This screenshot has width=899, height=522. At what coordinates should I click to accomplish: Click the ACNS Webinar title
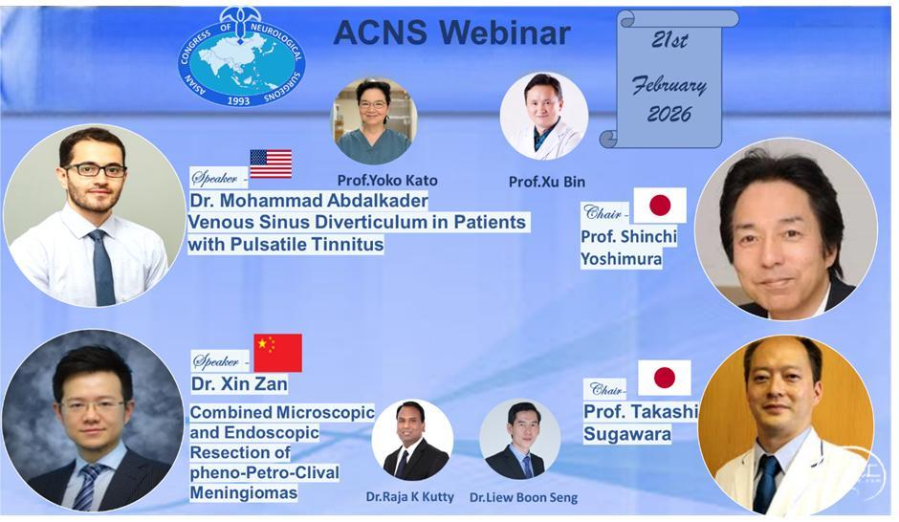tap(451, 33)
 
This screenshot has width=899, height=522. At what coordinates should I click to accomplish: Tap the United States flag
tap(271, 163)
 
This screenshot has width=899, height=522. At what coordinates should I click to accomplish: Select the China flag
tap(278, 353)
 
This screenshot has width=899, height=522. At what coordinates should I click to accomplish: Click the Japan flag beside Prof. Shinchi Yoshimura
tap(660, 206)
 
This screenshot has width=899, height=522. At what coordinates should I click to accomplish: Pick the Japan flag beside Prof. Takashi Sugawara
tap(665, 378)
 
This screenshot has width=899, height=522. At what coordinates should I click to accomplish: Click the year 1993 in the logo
tap(238, 100)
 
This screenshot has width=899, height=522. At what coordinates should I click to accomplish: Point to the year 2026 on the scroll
tap(669, 114)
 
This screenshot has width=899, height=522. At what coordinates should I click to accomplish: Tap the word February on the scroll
tap(669, 86)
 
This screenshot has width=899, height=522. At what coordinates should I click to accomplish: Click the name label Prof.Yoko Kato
tap(387, 181)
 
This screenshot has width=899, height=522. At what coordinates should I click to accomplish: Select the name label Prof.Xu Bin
tap(547, 182)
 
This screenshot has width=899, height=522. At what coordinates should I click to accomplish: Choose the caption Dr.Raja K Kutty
tap(410, 497)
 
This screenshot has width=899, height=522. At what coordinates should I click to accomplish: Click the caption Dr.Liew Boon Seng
tap(523, 497)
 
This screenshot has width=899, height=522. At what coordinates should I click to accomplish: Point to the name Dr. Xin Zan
tap(239, 383)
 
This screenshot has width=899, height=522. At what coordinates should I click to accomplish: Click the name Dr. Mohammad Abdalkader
tap(309, 201)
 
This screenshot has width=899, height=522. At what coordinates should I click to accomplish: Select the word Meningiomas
tap(244, 492)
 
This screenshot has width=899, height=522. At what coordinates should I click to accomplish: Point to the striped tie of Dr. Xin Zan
tap(87, 487)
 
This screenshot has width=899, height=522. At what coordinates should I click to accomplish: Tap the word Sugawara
tap(627, 434)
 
